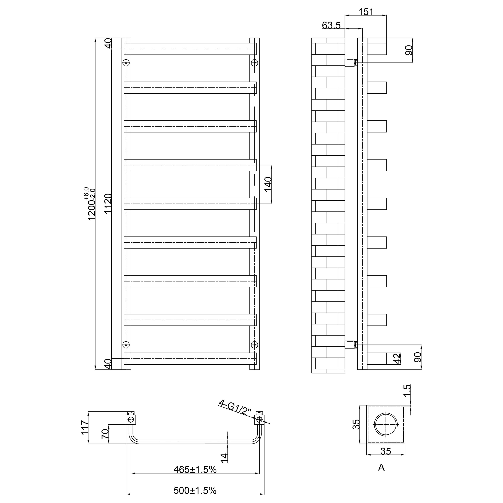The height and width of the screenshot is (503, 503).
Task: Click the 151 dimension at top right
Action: click(366, 12)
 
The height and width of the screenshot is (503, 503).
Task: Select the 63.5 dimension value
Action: click(331, 25)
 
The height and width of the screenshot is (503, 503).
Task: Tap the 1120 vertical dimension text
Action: click(108, 204)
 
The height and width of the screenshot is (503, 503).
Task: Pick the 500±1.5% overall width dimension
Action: click(195, 491)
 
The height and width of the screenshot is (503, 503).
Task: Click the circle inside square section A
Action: click(386, 425)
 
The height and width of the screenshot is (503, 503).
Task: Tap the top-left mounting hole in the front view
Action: click(126, 63)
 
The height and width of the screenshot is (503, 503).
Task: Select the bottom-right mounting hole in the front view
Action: click(254, 345)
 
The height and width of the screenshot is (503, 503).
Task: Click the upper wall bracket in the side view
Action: click(350, 63)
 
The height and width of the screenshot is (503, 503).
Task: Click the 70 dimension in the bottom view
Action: click(105, 434)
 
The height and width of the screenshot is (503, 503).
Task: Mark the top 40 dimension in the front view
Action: click(108, 43)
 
